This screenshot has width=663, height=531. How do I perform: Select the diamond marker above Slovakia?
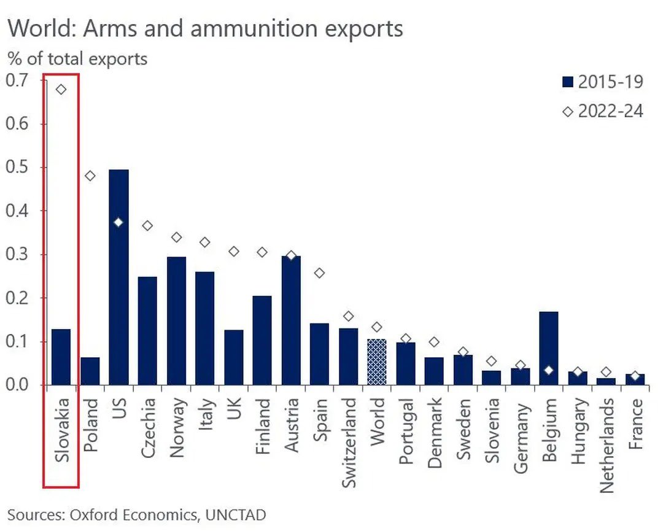coord(61,90)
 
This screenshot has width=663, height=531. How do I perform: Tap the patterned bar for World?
coord(376,362)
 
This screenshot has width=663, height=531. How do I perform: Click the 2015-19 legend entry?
coord(602,82)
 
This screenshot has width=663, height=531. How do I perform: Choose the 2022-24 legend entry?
coord(602,111)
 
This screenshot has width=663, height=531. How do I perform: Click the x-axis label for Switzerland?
coord(348,443)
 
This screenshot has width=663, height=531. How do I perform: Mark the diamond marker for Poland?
coord(90,176)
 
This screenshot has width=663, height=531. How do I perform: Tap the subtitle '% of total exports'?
coord(77,59)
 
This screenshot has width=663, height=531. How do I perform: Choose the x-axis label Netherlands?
coord(607,446)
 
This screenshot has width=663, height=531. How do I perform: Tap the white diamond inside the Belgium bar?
coord(548,370)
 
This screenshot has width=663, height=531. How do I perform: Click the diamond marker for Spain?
coord(319,273)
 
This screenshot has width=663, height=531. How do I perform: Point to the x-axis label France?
coord(635,424)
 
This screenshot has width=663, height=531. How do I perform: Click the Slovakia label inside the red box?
coord(61,430)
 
